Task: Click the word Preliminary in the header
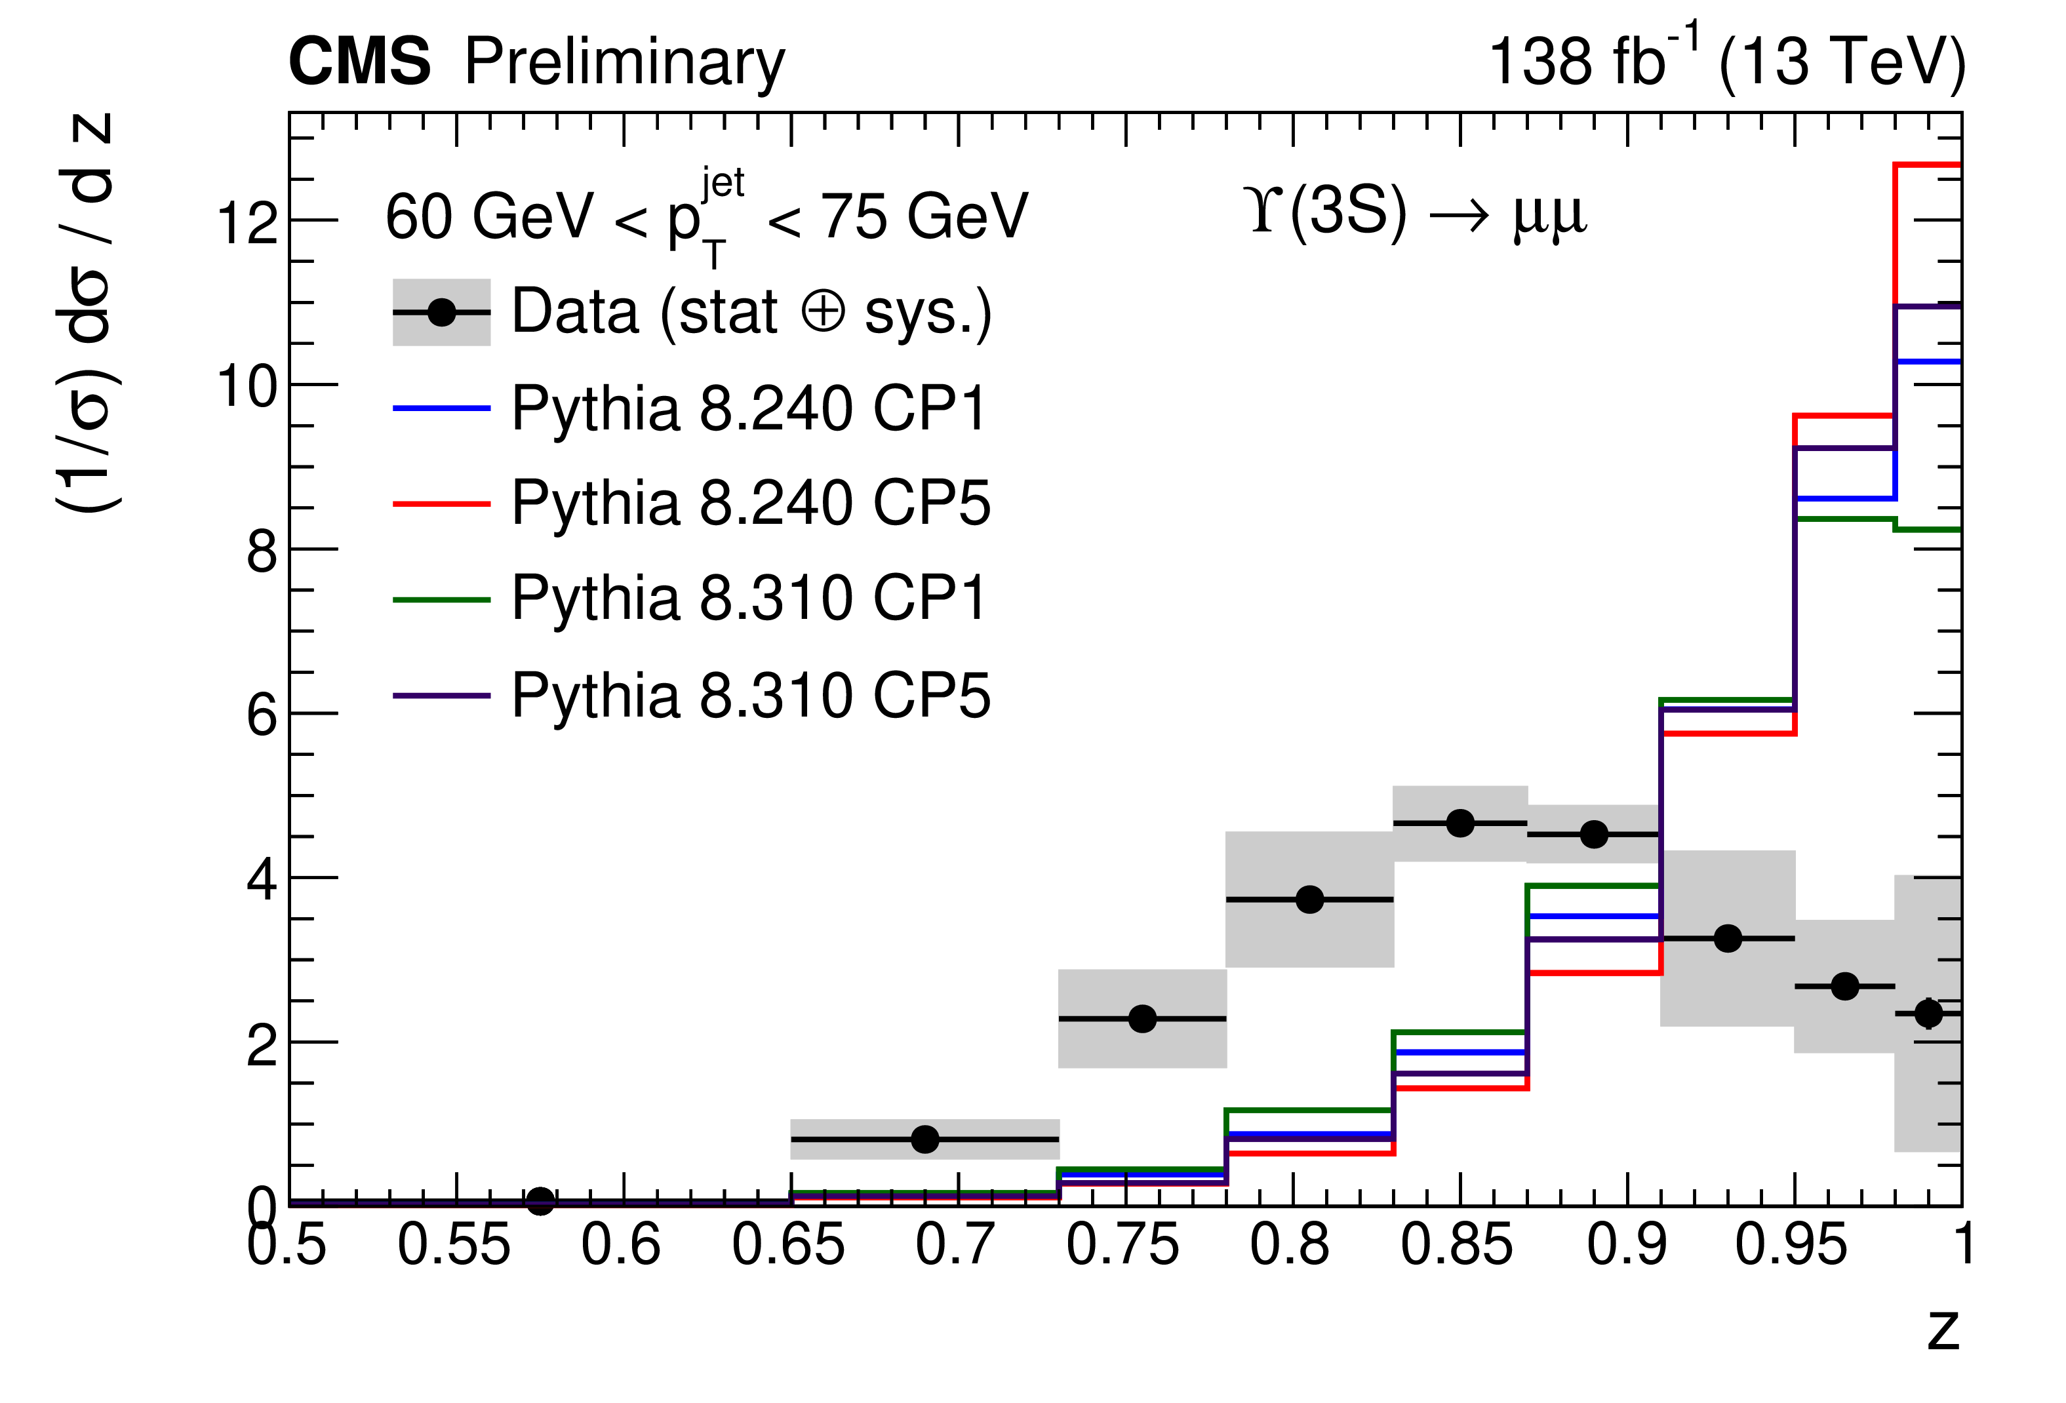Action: [624, 64]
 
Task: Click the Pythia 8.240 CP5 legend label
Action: [749, 504]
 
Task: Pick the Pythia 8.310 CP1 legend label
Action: [749, 599]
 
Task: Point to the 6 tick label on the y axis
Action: [262, 715]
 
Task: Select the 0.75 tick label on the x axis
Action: [1122, 1245]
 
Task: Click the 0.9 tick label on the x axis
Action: [1626, 1245]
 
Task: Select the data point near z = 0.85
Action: [1460, 823]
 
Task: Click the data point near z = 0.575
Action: [540, 1201]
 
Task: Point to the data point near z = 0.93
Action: [1727, 938]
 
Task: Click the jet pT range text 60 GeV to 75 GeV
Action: [707, 216]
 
